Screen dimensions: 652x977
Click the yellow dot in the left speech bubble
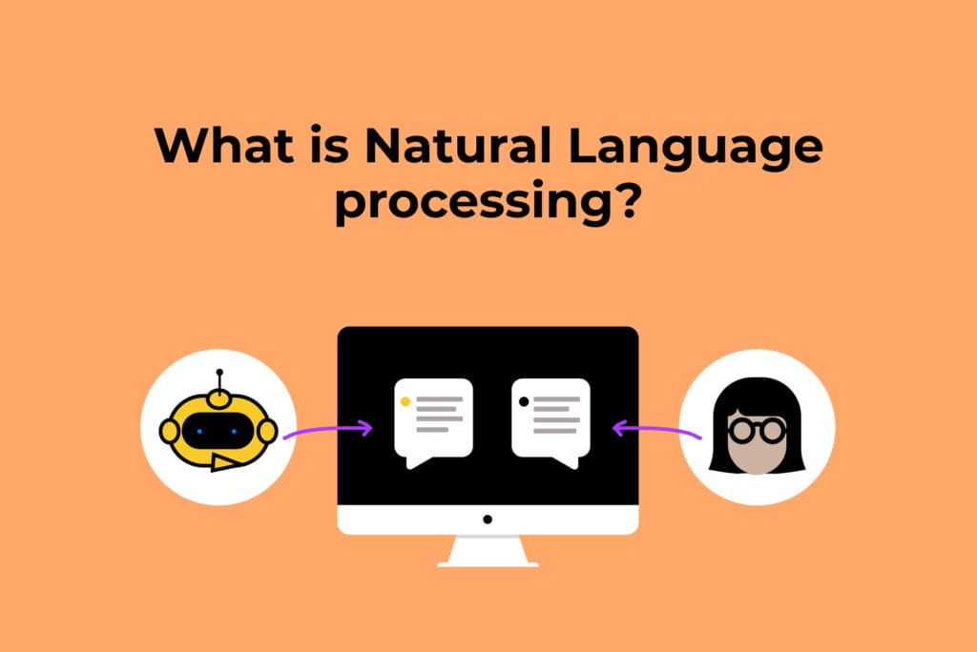point(405,401)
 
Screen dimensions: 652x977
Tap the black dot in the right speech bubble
point(523,401)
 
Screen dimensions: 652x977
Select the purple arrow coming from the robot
point(328,431)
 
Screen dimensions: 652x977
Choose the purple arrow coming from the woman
point(658,431)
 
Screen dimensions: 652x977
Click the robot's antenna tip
point(219,372)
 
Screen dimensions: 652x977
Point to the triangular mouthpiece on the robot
point(225,463)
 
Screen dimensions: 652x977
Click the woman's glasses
point(757,430)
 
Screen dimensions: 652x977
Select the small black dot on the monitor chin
point(488,520)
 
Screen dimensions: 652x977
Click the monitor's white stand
point(488,551)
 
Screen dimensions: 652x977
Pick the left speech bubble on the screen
point(434,419)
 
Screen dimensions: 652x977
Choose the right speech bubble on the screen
point(551,419)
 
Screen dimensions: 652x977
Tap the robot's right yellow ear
point(268,431)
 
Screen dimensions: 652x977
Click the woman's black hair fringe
point(757,398)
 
